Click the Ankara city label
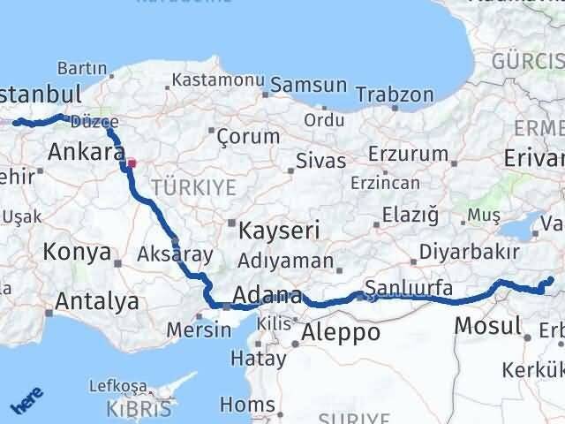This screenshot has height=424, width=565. pyautogui.click(x=85, y=152)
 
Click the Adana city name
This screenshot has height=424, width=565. pyautogui.click(x=267, y=296)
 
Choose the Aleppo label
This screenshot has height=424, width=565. pyautogui.click(x=341, y=333)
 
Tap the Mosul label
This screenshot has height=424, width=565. pyautogui.click(x=487, y=326)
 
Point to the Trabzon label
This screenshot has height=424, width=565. pyautogui.click(x=400, y=94)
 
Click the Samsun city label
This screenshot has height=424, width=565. pyautogui.click(x=308, y=85)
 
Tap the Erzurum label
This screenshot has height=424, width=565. pyautogui.click(x=408, y=154)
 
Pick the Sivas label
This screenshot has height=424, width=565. pyautogui.click(x=314, y=162)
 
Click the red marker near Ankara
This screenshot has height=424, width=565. pyautogui.click(x=132, y=163)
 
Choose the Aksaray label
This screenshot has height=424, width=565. pyautogui.click(x=176, y=254)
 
